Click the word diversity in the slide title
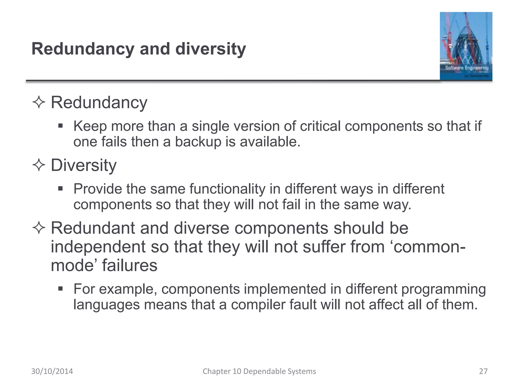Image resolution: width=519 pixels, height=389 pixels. (210, 49)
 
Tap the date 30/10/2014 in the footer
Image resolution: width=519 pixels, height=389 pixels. (52, 371)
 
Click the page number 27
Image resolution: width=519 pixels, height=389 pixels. (483, 371)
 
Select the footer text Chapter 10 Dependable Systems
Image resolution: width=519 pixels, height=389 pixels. (259, 371)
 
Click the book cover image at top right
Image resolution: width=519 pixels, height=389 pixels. (466, 46)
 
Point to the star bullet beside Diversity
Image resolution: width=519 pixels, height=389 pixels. (39, 165)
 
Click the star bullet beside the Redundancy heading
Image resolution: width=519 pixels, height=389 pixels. (39, 103)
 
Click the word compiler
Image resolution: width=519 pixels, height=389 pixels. (258, 304)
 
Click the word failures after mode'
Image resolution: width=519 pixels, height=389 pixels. (129, 265)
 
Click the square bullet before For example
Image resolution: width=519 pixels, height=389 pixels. (60, 288)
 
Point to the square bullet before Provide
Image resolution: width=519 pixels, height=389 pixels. (60, 188)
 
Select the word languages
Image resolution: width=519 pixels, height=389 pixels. (106, 304)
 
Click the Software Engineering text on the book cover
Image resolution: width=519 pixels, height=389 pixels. (467, 68)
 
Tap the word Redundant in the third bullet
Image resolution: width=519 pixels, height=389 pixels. (93, 228)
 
